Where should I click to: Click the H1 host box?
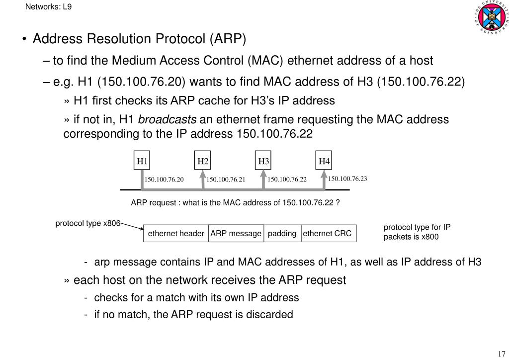click(142, 161)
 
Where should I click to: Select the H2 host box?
click(203, 161)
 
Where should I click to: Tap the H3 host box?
click(263, 161)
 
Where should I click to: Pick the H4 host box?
click(324, 161)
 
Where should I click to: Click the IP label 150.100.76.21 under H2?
click(226, 180)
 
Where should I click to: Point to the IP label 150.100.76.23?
click(347, 179)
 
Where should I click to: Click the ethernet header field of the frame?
click(176, 233)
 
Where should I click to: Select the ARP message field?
click(236, 233)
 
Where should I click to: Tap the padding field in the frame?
click(282, 233)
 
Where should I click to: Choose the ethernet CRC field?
click(329, 233)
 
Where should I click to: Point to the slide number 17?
click(502, 354)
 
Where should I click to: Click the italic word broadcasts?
click(167, 119)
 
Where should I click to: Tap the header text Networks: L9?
click(48, 6)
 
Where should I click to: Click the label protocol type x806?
click(88, 223)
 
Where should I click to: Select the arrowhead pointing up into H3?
click(263, 174)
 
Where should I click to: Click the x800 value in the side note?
click(430, 237)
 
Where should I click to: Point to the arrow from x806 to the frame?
click(132, 226)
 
